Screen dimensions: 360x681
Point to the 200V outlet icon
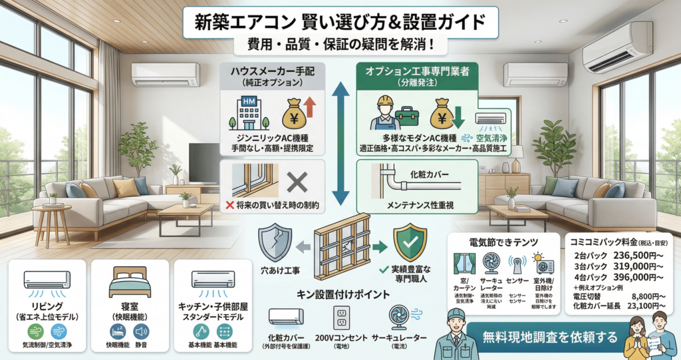tap(342, 319)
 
